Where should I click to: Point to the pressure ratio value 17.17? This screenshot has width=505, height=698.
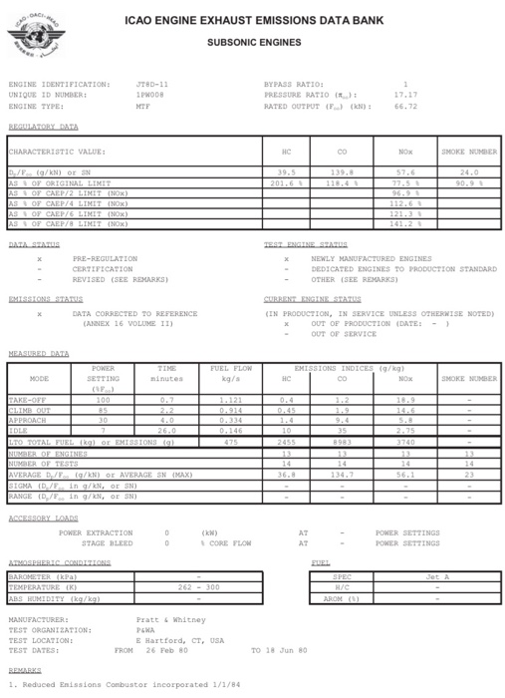(x=405, y=95)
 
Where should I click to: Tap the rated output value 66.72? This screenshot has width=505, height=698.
(x=405, y=105)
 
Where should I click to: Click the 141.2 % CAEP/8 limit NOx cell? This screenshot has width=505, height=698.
(x=401, y=223)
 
